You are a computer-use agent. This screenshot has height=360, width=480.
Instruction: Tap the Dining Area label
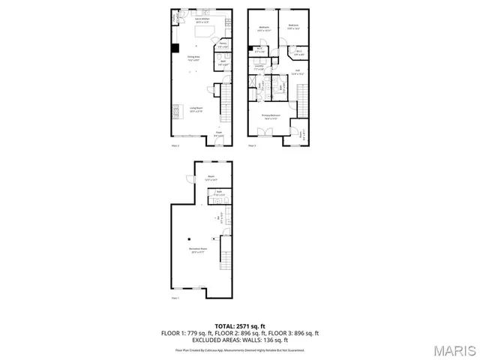point(193,58)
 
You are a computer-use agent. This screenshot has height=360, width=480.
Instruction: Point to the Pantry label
point(223,45)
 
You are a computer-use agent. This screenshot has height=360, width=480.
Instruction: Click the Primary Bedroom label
point(270,117)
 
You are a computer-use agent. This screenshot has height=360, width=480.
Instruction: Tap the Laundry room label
point(259,68)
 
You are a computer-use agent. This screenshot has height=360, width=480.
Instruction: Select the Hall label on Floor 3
point(297,73)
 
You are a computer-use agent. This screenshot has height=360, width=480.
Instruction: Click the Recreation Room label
point(198,250)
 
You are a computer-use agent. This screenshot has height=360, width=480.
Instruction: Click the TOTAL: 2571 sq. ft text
point(240,325)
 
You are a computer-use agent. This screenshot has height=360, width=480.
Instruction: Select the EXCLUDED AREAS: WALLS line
point(240,340)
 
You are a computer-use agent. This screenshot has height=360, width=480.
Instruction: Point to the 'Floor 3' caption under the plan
point(252,145)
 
